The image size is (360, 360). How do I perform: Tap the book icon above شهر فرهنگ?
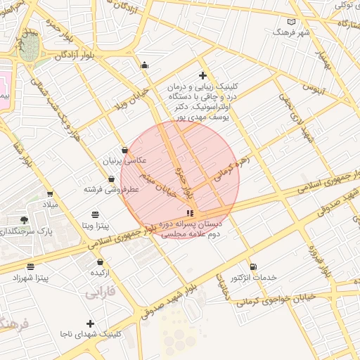292,22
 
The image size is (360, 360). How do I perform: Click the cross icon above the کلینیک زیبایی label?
202,75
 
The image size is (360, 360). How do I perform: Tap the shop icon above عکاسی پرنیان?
124,150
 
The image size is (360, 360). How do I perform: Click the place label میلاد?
49,205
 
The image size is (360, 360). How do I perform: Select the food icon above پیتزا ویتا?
95,214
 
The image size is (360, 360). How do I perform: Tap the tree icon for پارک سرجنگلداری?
25,220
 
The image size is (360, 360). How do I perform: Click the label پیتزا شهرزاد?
30,278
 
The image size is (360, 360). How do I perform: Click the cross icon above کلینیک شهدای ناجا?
89,323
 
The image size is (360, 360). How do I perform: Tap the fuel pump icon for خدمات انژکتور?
253,266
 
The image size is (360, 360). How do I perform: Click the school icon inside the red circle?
189,213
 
